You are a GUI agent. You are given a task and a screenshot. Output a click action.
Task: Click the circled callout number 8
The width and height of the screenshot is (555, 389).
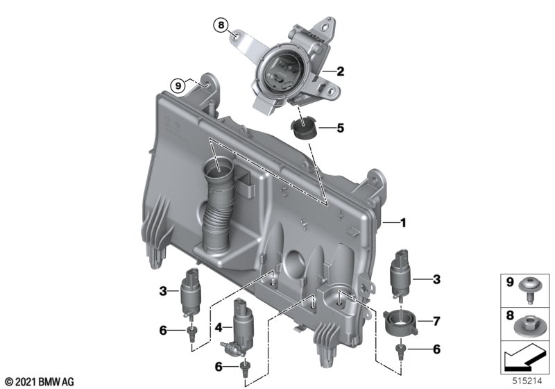221,25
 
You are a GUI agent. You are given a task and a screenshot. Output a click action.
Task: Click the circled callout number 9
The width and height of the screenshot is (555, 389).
178,85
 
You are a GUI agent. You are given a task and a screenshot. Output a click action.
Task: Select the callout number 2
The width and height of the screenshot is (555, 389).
340,72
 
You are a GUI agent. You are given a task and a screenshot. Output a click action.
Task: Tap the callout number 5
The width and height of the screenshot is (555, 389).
340,128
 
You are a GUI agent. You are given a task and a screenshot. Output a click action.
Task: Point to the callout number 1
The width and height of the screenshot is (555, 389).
403,222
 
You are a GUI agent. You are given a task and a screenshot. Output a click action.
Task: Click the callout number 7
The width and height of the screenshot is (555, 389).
436,321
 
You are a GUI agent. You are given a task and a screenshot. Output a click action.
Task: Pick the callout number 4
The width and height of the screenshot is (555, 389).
219,327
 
